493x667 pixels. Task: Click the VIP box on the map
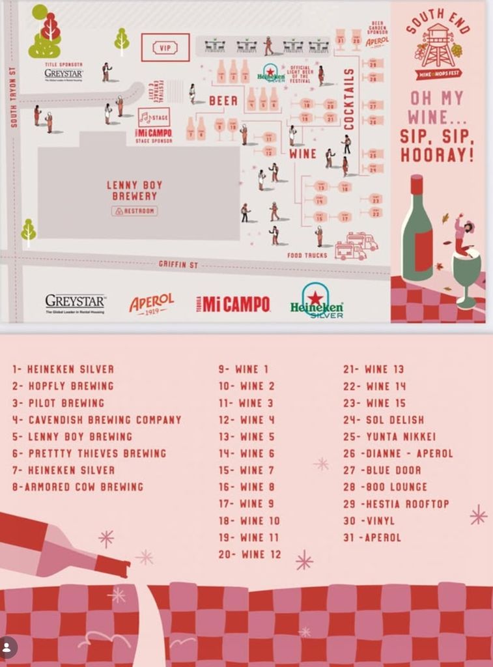coord(165,48)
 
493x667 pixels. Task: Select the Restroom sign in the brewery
coord(135,211)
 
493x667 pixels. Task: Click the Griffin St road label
coord(178,265)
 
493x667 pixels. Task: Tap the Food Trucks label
coord(307,255)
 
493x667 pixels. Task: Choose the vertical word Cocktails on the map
coord(349,98)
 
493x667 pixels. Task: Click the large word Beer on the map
coord(223,101)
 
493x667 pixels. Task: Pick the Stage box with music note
coord(154,118)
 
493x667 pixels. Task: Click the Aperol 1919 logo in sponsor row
coord(152,303)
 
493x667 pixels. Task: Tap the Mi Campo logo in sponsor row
coord(233,304)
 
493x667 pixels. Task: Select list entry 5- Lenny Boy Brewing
coord(72,436)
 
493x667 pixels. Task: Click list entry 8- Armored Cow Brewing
coord(77,487)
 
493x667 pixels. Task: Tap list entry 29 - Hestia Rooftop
coord(396,504)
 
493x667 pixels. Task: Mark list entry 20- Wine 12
coord(250,554)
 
